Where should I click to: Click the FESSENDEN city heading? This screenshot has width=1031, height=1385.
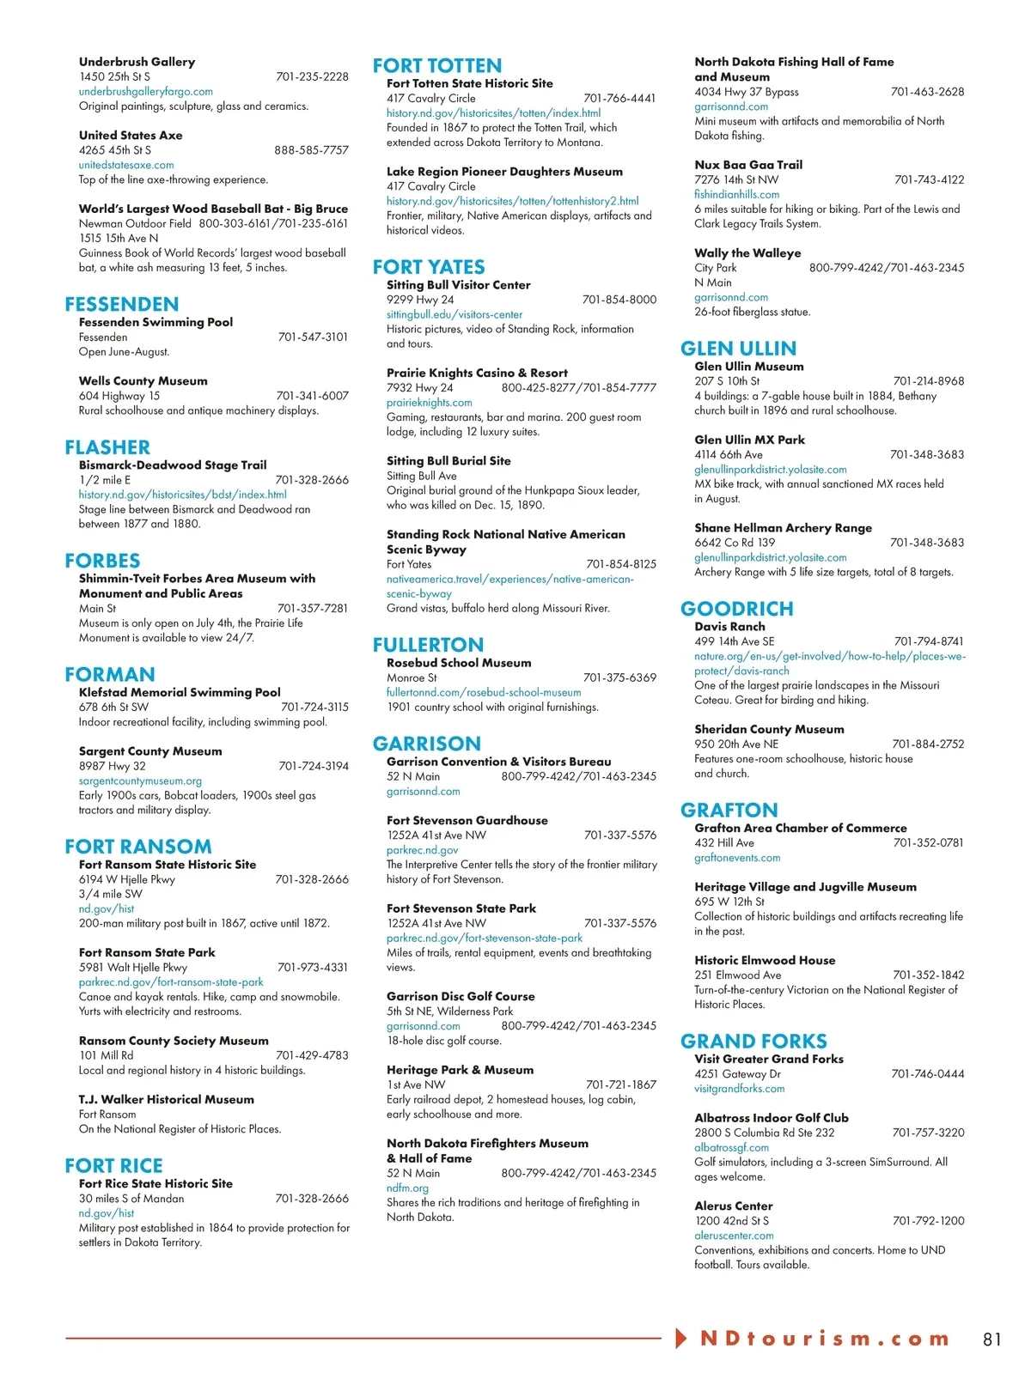[x=122, y=304]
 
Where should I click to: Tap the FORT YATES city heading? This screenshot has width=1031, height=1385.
[x=429, y=267]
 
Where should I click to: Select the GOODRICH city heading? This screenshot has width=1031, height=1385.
[x=736, y=609]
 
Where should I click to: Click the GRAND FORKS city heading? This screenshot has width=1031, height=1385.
[x=753, y=1042]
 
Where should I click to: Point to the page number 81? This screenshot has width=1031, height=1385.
[x=992, y=1339]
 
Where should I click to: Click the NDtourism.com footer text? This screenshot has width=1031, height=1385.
[x=824, y=1339]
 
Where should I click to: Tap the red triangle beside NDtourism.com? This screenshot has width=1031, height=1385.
[x=681, y=1338]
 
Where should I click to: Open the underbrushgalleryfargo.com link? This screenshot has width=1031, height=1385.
[x=146, y=92]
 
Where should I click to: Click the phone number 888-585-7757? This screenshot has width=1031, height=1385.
[x=311, y=150]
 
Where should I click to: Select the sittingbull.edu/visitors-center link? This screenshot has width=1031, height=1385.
[x=454, y=315]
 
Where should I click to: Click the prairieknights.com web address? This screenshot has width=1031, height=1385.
[x=430, y=403]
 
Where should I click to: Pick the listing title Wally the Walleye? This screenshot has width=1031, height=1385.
[x=747, y=253]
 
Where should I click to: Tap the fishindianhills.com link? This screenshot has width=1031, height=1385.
[x=737, y=195]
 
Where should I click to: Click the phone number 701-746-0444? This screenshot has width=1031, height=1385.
[x=928, y=1074]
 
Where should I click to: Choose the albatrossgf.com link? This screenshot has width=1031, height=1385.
[x=732, y=1148]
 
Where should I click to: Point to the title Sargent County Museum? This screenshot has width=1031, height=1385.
[x=150, y=751]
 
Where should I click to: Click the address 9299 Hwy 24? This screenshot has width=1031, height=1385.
[x=420, y=300]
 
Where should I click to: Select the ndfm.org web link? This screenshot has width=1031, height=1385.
[x=407, y=1188]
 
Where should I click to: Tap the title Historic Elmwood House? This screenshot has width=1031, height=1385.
[x=765, y=961]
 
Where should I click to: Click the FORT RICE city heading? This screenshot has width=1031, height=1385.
[x=113, y=1166]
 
